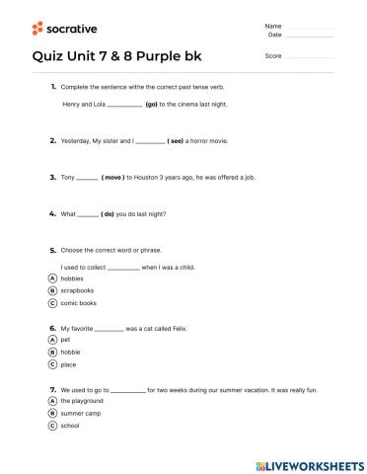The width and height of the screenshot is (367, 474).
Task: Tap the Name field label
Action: (273, 26)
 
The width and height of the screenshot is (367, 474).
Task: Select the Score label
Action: (273, 55)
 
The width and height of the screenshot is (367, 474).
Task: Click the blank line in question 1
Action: (123, 104)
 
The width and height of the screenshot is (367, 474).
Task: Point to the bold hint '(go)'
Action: (152, 103)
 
